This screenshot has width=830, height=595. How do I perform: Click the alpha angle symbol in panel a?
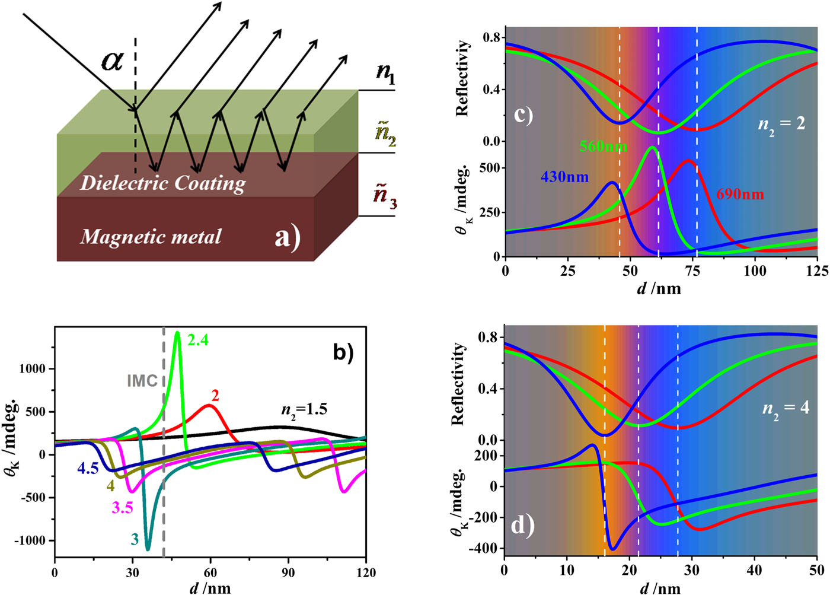112,61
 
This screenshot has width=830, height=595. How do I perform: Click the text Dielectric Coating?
162,183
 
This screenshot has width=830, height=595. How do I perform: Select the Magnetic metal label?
151,237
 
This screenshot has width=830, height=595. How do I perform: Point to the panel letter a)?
288,237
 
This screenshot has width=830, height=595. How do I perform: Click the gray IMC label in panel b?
142,380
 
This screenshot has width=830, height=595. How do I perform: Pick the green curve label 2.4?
198,341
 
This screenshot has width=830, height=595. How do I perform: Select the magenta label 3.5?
123,508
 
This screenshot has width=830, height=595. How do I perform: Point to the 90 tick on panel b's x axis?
288,573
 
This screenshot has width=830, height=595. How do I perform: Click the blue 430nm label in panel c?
564,177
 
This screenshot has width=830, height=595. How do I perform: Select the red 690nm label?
740,194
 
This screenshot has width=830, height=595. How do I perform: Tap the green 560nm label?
603,146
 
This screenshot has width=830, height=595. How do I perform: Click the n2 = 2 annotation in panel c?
781,125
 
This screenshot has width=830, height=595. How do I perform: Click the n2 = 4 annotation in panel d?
786,408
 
